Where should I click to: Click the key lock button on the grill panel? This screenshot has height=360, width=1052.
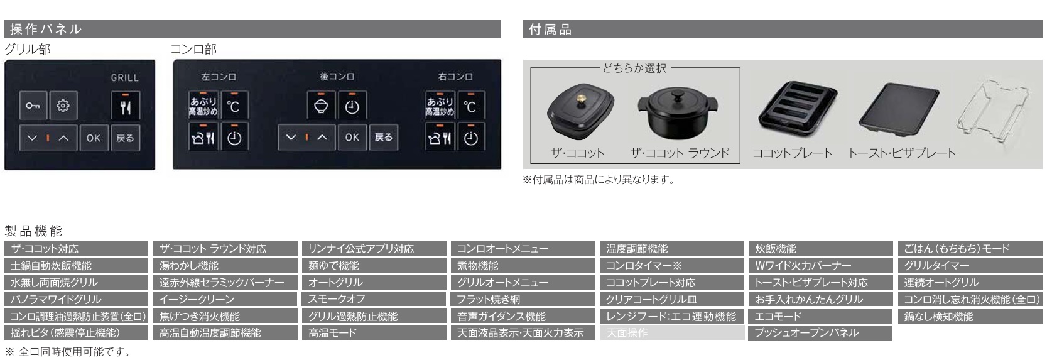tap(33, 106)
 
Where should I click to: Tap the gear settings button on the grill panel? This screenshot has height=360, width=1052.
tap(63, 106)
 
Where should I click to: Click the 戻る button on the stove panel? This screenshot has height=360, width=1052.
tap(384, 137)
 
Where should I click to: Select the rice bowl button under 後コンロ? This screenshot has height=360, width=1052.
tap(321, 106)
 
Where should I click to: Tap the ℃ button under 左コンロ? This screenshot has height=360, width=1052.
tap(234, 106)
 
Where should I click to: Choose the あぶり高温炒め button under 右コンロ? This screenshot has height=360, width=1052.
tap(440, 106)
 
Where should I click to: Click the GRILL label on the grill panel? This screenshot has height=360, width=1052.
tap(124, 77)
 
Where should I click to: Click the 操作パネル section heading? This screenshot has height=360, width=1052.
tap(46, 29)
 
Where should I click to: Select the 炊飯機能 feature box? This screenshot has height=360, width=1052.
tap(820, 249)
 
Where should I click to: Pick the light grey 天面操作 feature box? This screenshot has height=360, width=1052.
tap(671, 333)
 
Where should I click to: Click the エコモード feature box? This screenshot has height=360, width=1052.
tap(820, 316)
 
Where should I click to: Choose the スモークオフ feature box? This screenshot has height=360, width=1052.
tap(374, 299)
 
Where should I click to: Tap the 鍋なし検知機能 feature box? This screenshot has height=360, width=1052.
tap(970, 316)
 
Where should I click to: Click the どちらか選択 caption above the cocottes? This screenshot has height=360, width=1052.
tap(634, 68)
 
